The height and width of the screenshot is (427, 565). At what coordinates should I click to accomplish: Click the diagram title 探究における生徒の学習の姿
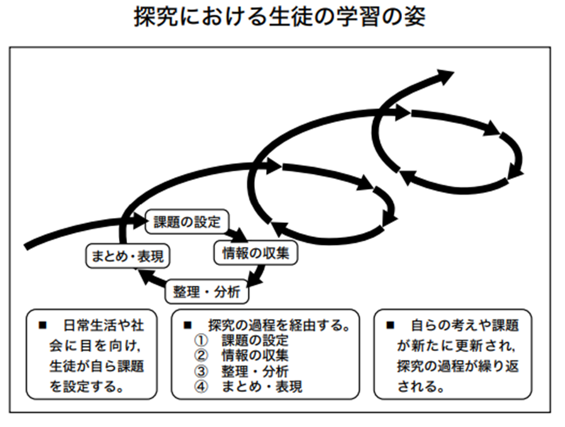(x=279, y=16)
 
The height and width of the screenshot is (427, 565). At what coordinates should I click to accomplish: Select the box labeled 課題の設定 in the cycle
(x=187, y=222)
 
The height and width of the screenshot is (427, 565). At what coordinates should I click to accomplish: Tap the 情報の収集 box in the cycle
(x=255, y=253)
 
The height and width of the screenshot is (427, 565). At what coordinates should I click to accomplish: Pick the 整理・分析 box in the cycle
(x=207, y=292)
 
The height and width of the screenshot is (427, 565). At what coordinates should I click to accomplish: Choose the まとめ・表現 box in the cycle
(x=128, y=256)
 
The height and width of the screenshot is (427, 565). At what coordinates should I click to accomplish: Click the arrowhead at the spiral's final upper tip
(x=445, y=76)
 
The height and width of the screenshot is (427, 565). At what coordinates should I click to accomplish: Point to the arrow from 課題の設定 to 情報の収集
(x=238, y=234)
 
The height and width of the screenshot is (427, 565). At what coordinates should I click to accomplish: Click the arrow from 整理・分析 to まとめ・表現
(x=152, y=279)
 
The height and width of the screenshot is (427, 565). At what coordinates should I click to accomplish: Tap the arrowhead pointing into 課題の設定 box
(x=138, y=220)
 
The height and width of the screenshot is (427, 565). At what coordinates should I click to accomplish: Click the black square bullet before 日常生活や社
(x=43, y=326)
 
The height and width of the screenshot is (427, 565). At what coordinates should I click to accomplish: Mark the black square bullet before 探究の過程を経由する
(x=187, y=326)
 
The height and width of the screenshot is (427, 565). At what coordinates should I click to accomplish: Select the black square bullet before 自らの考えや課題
(x=390, y=326)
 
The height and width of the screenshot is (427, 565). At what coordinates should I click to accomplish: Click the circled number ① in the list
(x=201, y=340)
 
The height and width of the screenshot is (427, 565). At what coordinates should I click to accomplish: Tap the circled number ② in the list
(x=201, y=356)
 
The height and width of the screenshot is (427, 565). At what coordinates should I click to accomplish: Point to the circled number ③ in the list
(x=201, y=371)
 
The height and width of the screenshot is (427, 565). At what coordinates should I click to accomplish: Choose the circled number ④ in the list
(x=201, y=387)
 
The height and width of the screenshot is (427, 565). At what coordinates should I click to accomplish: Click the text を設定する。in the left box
(x=86, y=387)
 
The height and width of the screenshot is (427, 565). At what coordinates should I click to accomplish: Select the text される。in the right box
(x=421, y=387)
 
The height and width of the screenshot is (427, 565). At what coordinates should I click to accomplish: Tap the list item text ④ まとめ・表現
(x=249, y=387)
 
